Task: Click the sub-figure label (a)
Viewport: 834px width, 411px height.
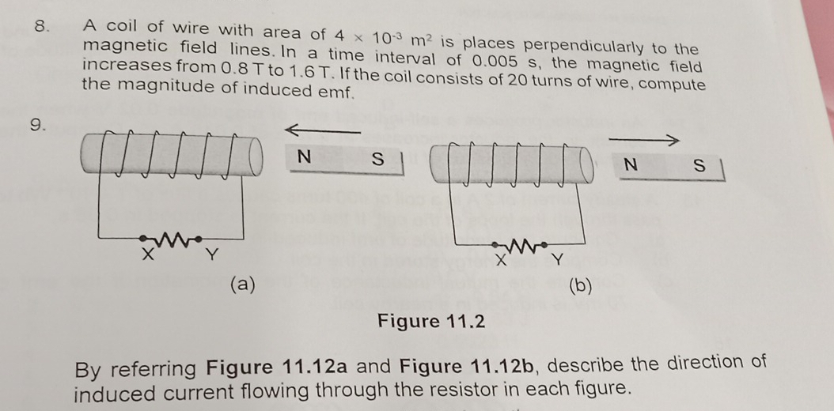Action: (x=242, y=284)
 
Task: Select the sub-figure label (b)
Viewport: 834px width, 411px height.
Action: (x=580, y=286)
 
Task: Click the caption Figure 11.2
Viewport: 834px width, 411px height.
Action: (x=430, y=322)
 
